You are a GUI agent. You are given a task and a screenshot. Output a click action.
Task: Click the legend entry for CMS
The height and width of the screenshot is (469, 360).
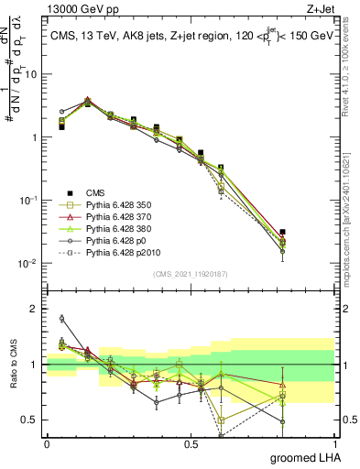coord(95,191)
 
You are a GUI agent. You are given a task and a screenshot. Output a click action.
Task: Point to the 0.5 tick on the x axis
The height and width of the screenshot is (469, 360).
coord(191,443)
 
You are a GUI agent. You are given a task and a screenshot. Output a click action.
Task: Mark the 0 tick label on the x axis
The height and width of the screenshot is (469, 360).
coord(47,443)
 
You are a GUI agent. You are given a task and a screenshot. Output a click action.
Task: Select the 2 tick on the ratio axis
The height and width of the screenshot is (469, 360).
coord(36,309)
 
